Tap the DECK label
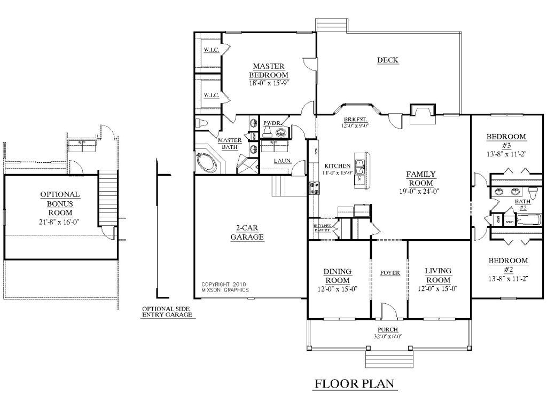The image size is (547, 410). click(x=387, y=60)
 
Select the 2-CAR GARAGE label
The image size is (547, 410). click(x=247, y=233)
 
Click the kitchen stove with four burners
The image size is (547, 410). click(x=312, y=187)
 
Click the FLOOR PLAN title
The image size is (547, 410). click(x=354, y=383)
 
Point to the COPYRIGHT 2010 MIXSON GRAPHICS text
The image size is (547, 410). click(x=225, y=287)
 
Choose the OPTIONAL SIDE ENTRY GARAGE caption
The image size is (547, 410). click(x=166, y=312)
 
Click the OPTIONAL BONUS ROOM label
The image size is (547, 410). click(x=60, y=204)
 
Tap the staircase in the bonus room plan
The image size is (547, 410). click(x=108, y=198)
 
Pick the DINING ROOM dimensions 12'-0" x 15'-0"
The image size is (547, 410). click(x=337, y=289)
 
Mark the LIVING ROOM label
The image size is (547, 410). click(x=438, y=275)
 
